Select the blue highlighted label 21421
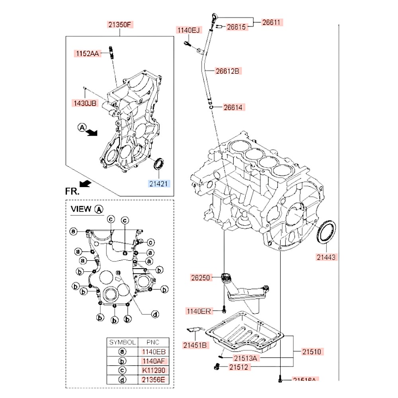159,183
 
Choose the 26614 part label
234,107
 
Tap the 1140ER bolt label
198,311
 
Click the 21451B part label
195,345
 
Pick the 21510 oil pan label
311,352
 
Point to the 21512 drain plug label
240,367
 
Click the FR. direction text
72,191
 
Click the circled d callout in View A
155,314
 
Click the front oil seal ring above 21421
158,163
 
